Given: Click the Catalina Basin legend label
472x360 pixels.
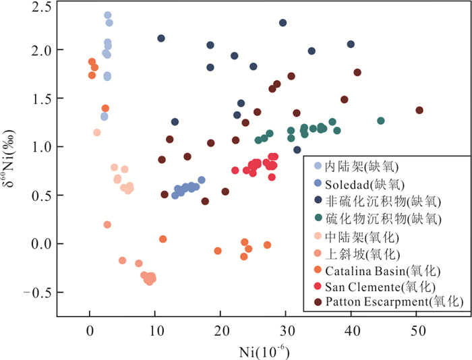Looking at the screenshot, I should point(382,271).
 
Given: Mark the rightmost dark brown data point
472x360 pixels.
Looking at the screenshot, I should point(419,110).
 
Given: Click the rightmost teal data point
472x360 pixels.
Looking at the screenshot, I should point(381,121).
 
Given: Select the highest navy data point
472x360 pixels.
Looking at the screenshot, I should point(283,23).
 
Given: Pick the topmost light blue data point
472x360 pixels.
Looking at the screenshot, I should point(107,15).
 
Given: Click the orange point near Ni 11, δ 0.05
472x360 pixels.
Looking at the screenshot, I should point(163,239).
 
